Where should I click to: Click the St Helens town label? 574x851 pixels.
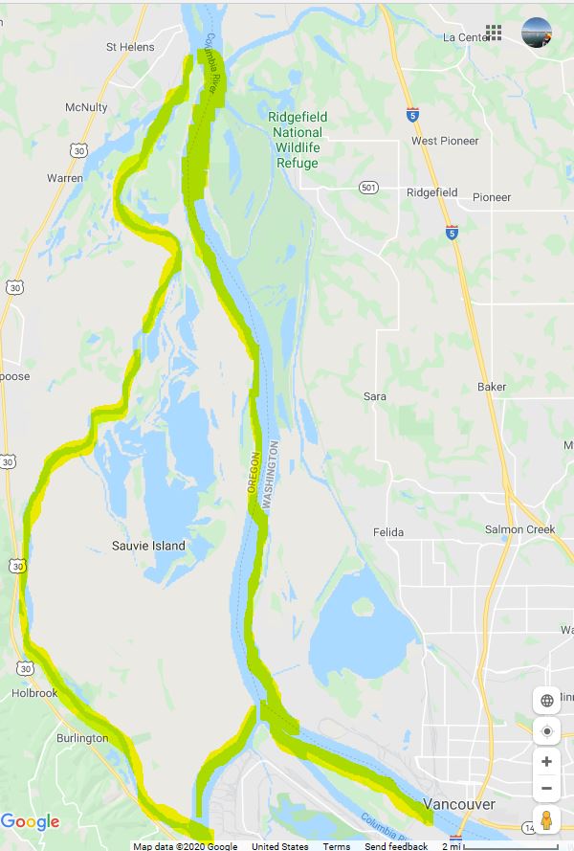pos(130,46)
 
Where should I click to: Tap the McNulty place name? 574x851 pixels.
pos(86,108)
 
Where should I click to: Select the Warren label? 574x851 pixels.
pos(65,178)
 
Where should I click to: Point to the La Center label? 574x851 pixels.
pos(466,37)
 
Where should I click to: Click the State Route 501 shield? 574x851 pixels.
pos(368,188)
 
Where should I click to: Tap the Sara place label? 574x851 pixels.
pos(375,396)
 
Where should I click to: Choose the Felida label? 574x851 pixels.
pos(387,532)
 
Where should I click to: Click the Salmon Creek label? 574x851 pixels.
pos(519,529)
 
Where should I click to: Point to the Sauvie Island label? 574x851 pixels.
pos(148,546)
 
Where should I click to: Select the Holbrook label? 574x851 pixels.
pos(34,693)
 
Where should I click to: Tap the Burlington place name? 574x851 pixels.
pos(81,738)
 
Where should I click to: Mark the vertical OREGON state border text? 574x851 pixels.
pos(254,473)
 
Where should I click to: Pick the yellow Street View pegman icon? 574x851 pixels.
pos(546,821)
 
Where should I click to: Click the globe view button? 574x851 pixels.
pos(546,700)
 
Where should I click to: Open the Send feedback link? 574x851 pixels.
pos(396,846)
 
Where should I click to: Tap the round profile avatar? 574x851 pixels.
pos(537,33)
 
